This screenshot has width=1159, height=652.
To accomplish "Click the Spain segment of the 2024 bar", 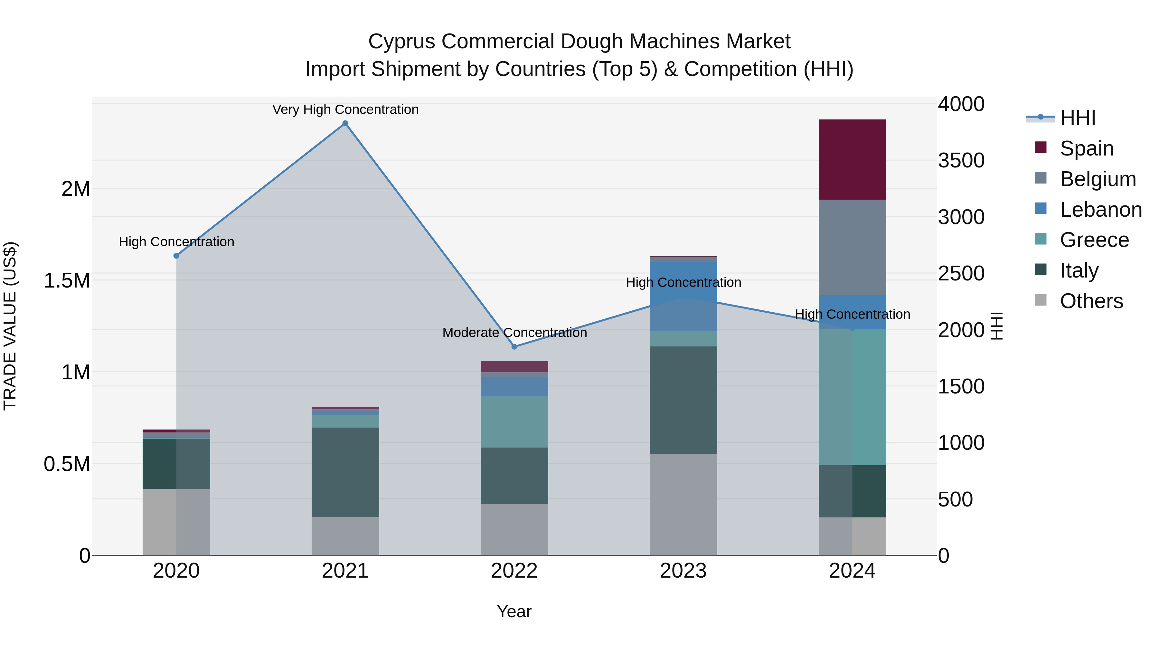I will click(852, 159).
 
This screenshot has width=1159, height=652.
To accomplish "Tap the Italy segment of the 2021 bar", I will click(345, 472).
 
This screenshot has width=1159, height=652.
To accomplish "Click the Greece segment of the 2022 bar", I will click(514, 421).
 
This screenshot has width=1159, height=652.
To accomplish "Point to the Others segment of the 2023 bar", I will click(683, 504).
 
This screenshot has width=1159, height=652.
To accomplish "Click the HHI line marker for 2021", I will click(345, 123).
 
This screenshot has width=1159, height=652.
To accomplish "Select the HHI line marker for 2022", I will click(514, 346).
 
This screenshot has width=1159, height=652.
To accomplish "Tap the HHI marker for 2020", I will click(176, 256).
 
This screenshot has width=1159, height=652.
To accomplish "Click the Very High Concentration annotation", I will click(345, 109).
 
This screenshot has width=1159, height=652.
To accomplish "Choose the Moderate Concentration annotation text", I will click(514, 333).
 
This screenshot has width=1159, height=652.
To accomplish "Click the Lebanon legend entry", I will click(1100, 210).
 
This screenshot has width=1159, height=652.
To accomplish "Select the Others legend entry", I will click(1091, 301).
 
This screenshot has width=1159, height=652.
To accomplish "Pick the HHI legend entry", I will click(1077, 118).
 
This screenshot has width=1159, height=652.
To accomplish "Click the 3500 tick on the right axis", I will click(961, 161).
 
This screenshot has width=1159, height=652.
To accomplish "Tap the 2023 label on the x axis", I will click(683, 571).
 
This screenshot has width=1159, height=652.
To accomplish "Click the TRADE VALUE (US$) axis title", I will click(10, 326).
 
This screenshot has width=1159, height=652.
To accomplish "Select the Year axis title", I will click(514, 611).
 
